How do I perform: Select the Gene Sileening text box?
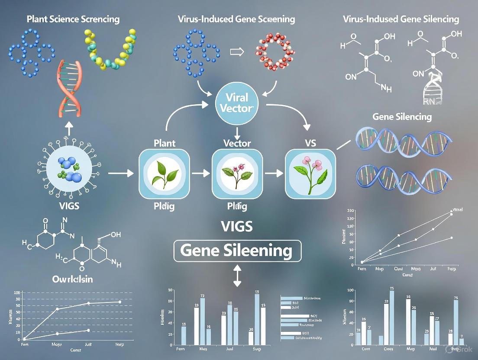pyautogui.click(x=237, y=251)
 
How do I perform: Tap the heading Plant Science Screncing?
pyautogui.click(x=73, y=19)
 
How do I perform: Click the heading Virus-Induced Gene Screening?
pyautogui.click(x=236, y=19)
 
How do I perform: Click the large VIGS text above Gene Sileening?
pyautogui.click(x=236, y=226)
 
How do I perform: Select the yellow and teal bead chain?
pyautogui.click(x=110, y=50)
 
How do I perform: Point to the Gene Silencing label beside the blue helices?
pyautogui.click(x=402, y=117)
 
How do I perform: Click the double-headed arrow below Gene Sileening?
pyautogui.click(x=237, y=276)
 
